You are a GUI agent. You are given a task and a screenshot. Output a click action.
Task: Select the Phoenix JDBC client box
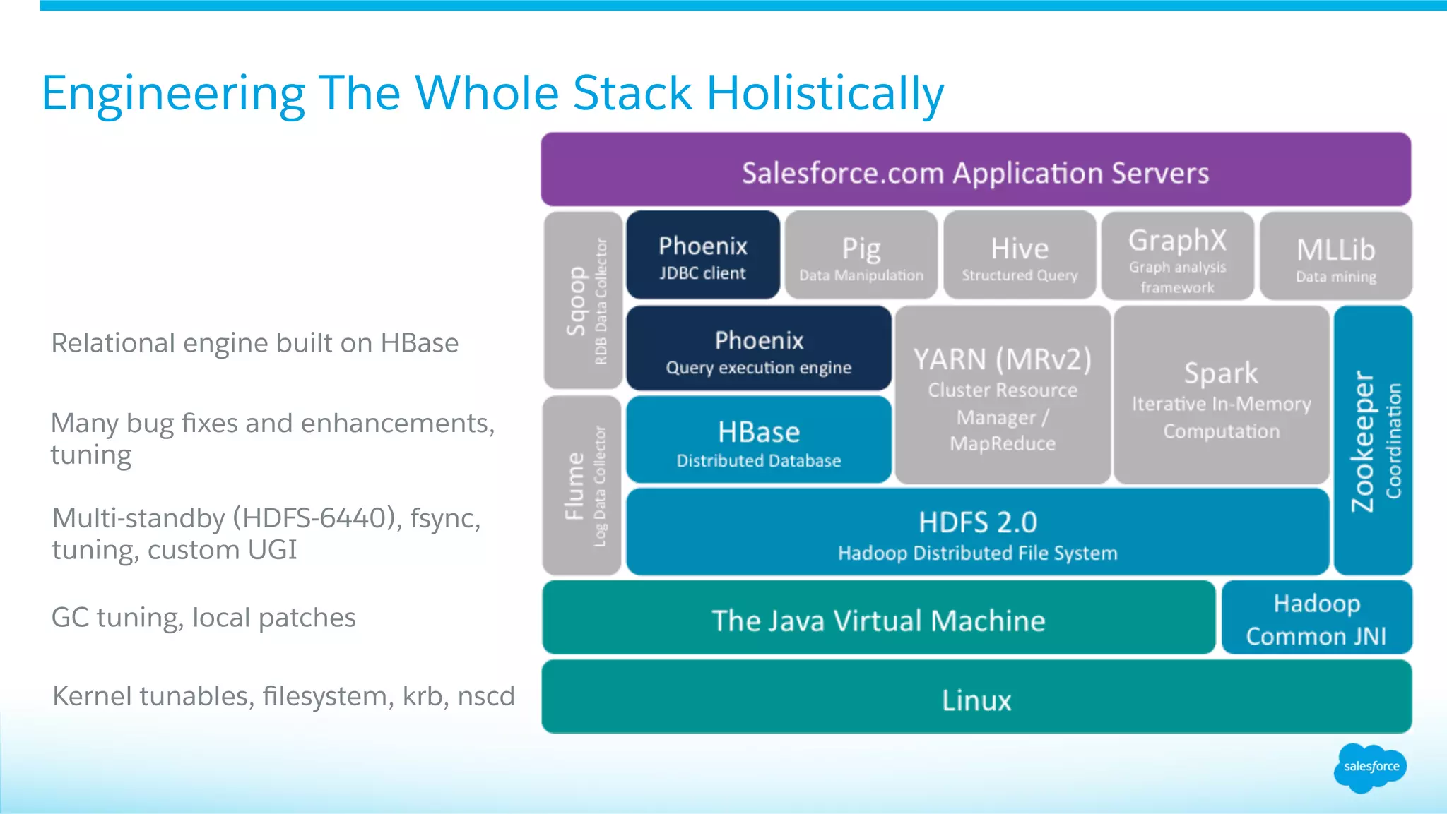[703, 255]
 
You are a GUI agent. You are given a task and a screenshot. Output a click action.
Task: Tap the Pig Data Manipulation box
[861, 256]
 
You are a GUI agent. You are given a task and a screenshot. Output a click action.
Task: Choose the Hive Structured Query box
[1020, 256]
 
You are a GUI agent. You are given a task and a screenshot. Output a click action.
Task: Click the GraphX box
[1177, 256]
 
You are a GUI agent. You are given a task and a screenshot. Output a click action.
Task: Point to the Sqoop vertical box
[584, 301]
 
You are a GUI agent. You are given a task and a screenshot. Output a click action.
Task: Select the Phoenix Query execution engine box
[759, 349]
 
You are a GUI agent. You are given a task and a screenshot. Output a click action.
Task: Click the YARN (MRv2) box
[1003, 395]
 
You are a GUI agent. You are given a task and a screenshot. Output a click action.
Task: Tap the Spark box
[1221, 395]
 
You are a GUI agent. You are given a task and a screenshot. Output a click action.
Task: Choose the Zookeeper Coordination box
[1373, 441]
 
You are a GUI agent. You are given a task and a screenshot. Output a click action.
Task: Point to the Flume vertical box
[582, 486]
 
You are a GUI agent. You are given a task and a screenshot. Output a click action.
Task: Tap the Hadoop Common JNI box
[1316, 618]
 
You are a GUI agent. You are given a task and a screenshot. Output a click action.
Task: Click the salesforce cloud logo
[1370, 767]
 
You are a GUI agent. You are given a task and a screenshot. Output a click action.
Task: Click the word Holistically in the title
[825, 94]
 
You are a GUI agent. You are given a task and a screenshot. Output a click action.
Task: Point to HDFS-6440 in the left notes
[314, 519]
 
